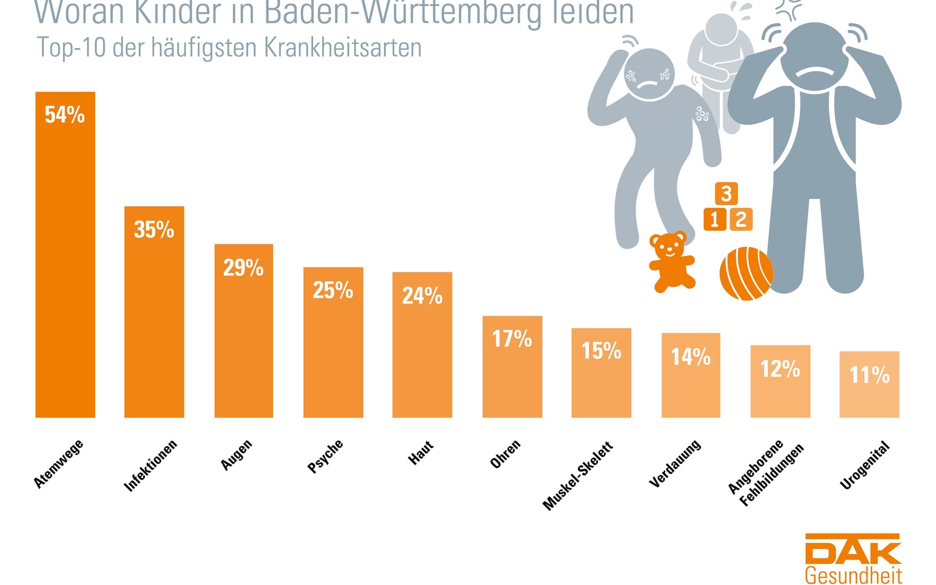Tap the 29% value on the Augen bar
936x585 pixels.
point(243,268)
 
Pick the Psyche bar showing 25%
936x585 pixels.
point(333,342)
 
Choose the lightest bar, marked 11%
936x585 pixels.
point(869,384)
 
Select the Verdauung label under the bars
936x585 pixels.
point(675,463)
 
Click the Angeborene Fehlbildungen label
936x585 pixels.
point(765,473)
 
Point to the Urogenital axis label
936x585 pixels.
point(865,465)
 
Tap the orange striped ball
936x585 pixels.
point(746,274)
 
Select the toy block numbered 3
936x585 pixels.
point(726,193)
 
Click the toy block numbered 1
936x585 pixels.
point(714,219)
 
